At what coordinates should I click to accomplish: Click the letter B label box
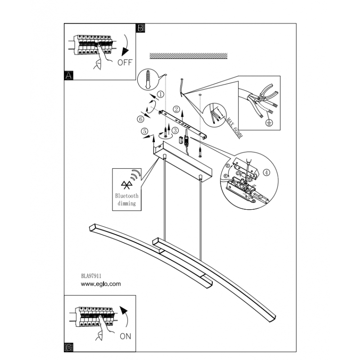[140, 28]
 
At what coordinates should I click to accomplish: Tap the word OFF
[125, 63]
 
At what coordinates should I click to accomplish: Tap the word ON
[126, 335]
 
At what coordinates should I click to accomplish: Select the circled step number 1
[160, 94]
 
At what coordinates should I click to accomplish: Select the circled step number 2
[176, 109]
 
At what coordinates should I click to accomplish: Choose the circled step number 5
[144, 131]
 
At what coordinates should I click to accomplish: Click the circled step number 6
[140, 119]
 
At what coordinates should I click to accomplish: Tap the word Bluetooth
[127, 196]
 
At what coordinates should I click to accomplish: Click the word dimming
[127, 203]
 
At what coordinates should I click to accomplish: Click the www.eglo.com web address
[100, 284]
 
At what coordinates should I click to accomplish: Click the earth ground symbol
[269, 122]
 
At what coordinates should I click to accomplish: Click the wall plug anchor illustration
[148, 81]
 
